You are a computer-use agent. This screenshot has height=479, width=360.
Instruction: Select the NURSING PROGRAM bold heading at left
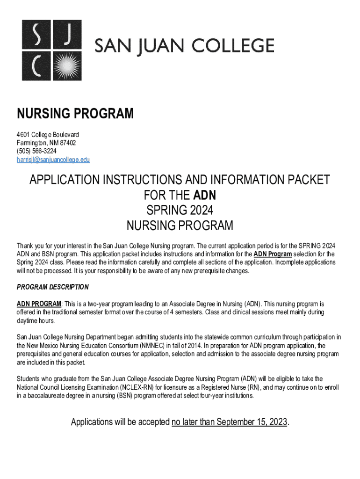point(75,114)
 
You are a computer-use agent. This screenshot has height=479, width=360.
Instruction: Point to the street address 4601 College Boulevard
point(48,135)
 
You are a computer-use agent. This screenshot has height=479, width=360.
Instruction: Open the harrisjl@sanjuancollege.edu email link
point(53,160)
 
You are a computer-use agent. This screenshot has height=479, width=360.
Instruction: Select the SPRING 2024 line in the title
point(180,210)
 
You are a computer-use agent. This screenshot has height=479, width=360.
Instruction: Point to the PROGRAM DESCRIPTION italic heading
point(53,287)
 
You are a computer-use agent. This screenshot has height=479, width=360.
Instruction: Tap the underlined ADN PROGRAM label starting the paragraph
point(39,304)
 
